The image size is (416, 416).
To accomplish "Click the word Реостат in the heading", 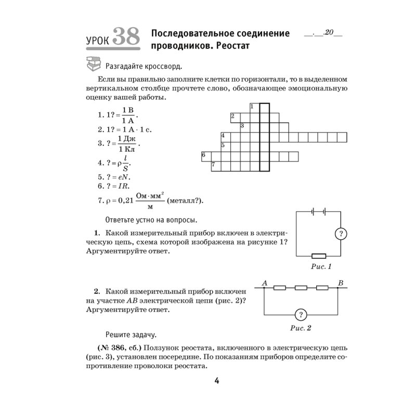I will pos(229,46).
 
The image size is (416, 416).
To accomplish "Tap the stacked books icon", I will pos(93,65).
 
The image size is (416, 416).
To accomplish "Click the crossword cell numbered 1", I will pos(254,108).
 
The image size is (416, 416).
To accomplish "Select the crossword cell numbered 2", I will pos(235,118).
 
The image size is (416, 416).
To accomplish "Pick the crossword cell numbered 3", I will pos(244,127).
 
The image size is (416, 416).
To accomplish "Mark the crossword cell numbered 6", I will pos(206,156).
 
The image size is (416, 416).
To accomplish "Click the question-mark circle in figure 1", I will pos(341,233).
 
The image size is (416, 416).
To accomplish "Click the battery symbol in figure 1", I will pos(318,211).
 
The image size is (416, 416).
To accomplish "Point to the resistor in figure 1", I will pos(318,255).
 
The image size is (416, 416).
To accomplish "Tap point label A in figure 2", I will pos(264,283).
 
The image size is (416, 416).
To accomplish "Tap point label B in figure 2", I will pos(341,283).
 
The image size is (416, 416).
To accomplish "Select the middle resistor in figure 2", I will pos(301,288).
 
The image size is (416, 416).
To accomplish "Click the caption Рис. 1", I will pos(321,267).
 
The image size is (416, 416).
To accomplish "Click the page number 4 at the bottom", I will pos(217,382).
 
